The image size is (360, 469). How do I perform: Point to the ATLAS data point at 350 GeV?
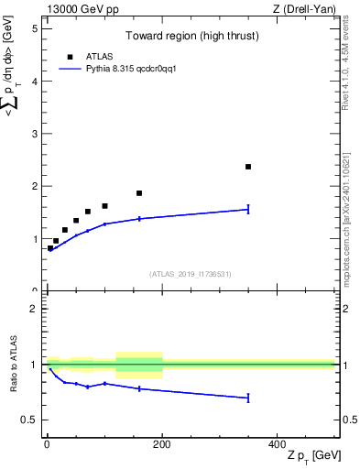(x=248, y=167)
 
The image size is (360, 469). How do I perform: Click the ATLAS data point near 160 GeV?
(x=139, y=193)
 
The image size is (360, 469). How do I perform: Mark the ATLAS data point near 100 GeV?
(x=104, y=206)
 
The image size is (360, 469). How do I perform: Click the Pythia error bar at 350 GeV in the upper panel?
(x=248, y=210)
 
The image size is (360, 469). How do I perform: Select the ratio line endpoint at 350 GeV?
(x=248, y=398)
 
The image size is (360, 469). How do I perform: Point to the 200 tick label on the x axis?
(x=162, y=442)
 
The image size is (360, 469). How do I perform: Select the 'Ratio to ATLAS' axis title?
(x=14, y=365)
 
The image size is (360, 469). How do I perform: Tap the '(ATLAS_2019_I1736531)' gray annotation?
(x=191, y=274)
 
